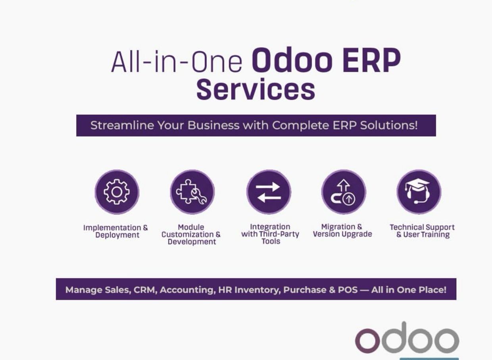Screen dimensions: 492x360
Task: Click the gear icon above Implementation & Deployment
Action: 117,192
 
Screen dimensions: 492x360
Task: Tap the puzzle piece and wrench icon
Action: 191,192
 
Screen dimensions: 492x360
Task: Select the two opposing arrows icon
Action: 269,192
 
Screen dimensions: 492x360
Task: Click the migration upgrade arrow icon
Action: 343,192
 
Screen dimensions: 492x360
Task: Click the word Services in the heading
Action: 256,89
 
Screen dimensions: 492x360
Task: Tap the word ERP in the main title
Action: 372,60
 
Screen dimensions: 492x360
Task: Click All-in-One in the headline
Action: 177,62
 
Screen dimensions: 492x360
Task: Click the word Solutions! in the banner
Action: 389,125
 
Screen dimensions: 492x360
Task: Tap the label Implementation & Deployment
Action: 116,231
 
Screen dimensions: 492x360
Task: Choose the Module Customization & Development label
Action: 191,234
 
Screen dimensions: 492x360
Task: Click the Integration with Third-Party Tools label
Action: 270,234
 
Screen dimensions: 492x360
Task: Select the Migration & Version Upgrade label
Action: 342,230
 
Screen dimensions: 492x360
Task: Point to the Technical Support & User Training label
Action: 422,231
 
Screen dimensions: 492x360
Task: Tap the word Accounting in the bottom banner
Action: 188,290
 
